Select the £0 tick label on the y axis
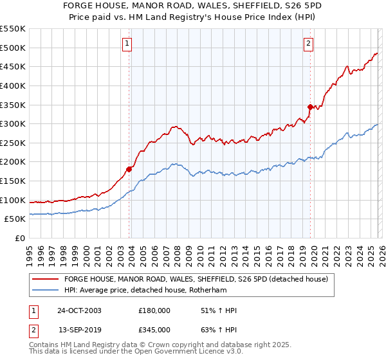click(19, 238)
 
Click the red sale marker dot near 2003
click(129, 169)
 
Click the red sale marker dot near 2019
click(309, 107)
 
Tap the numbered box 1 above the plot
click(127, 44)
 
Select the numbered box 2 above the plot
click(309, 44)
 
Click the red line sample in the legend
click(45, 279)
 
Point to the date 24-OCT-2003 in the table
click(79, 310)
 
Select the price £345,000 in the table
click(154, 329)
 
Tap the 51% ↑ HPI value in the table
click(219, 310)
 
